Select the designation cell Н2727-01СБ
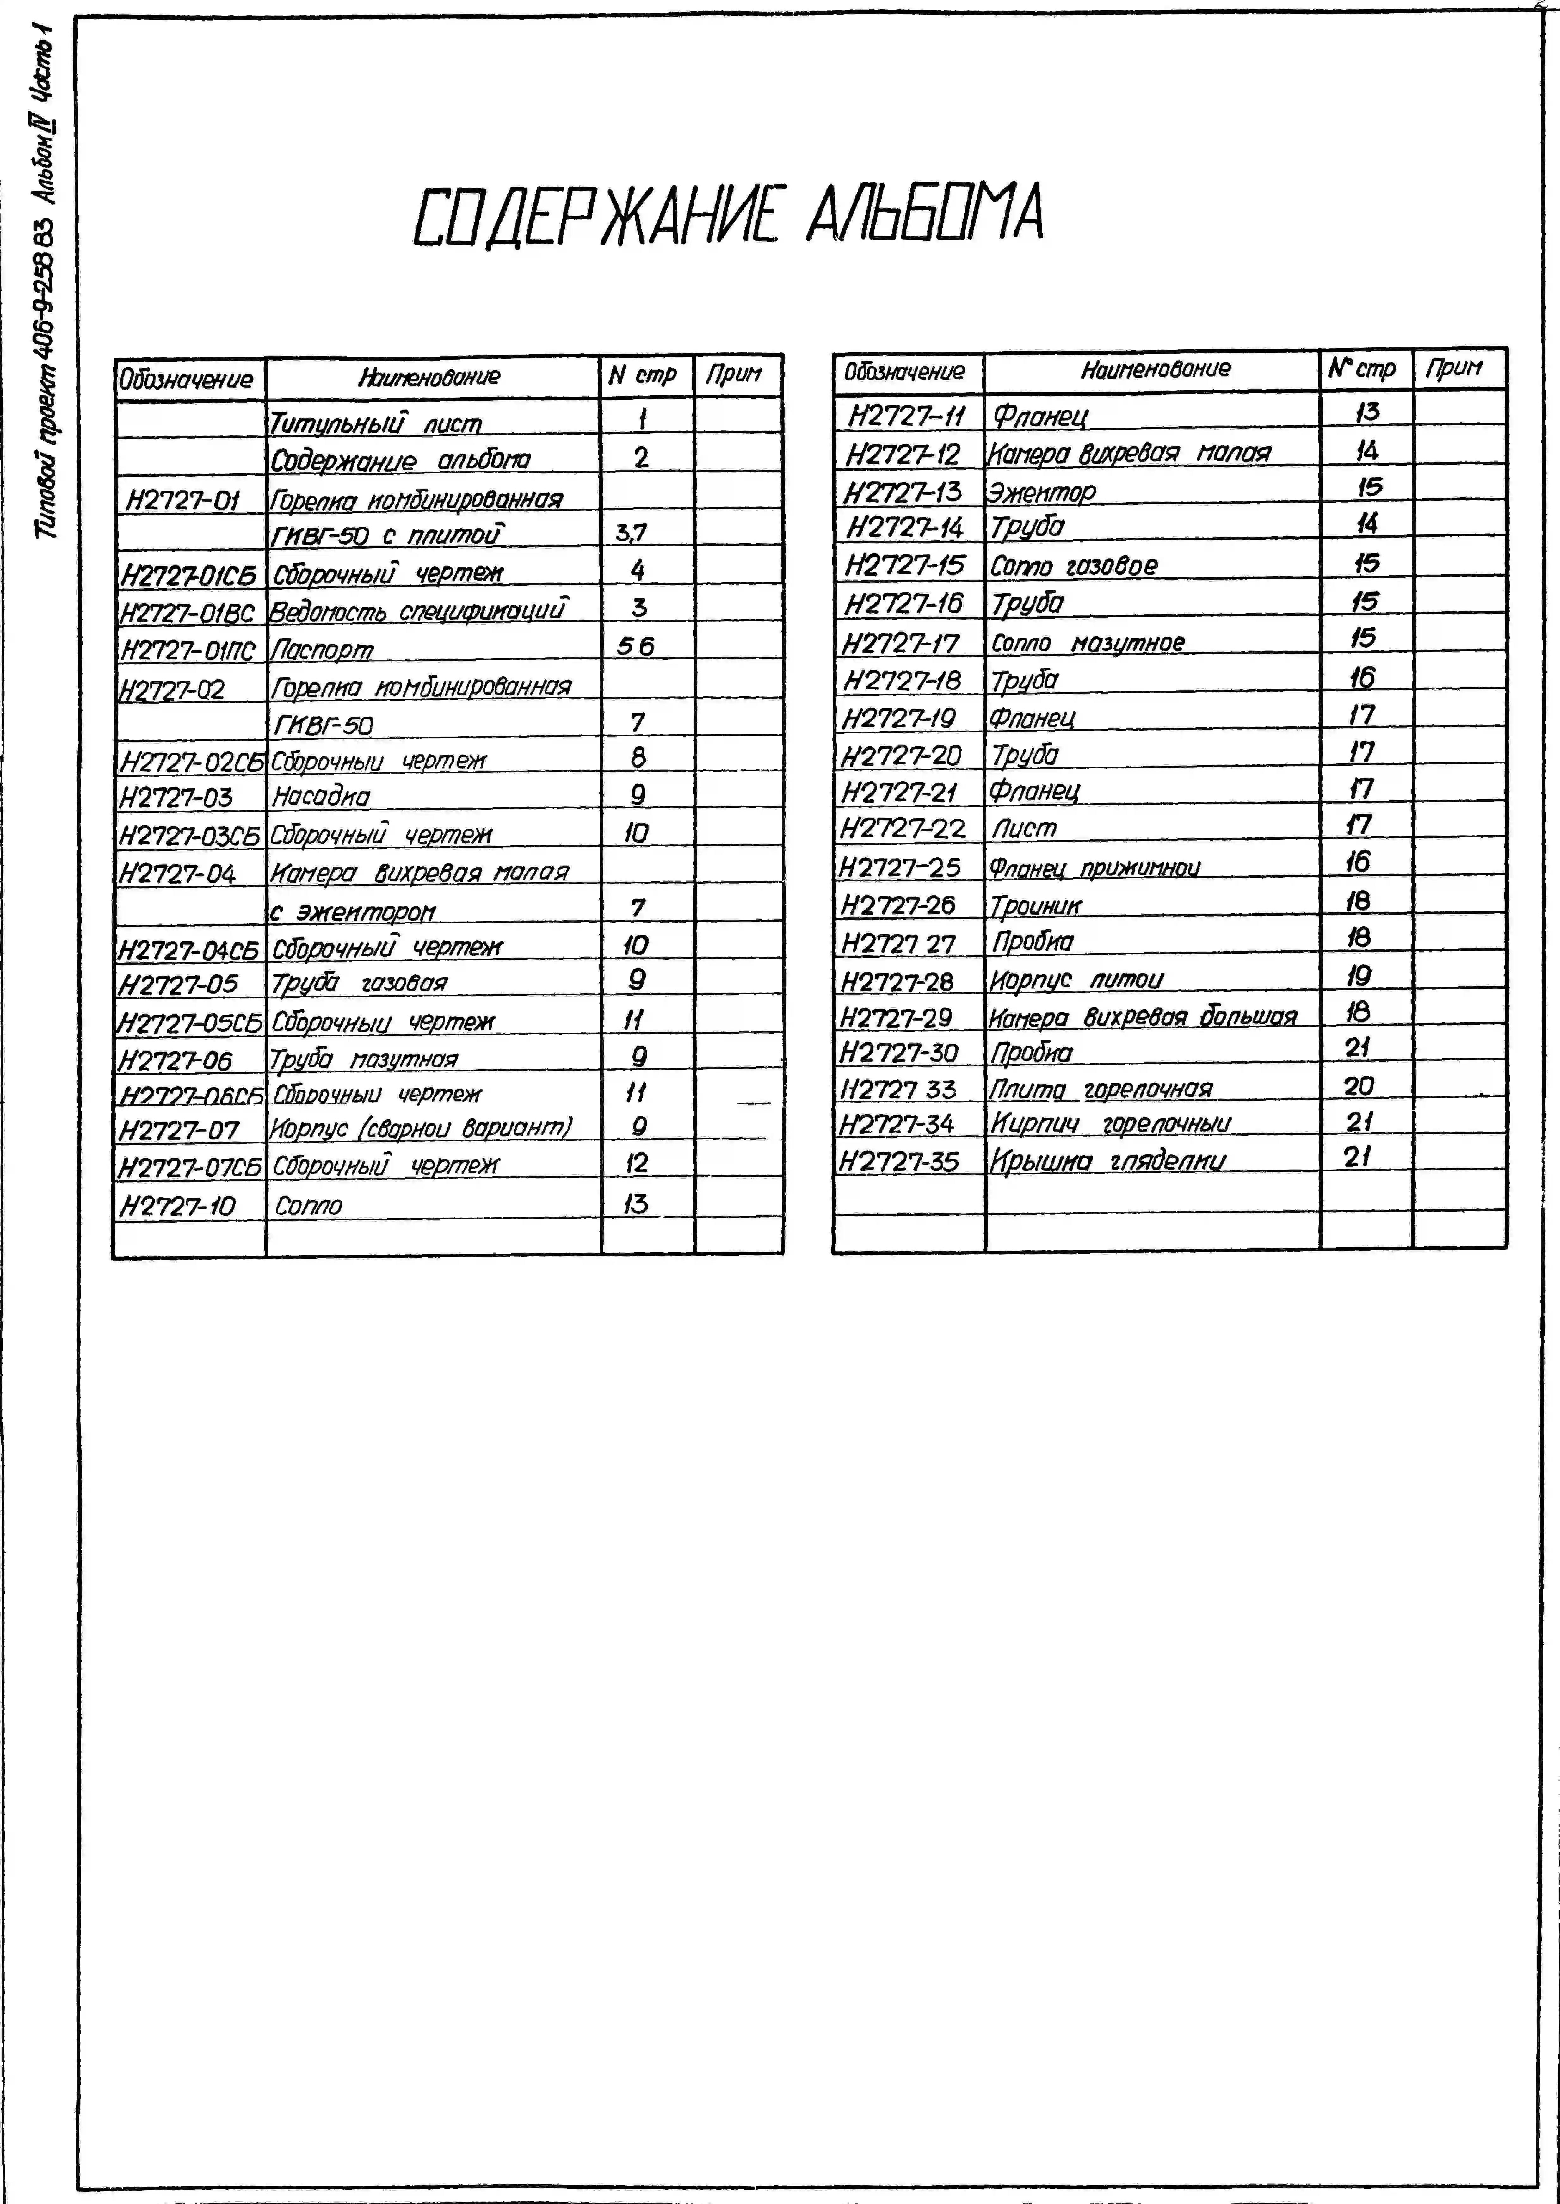[x=188, y=575]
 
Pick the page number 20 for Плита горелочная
[x=1358, y=1086]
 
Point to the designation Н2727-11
[x=906, y=415]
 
